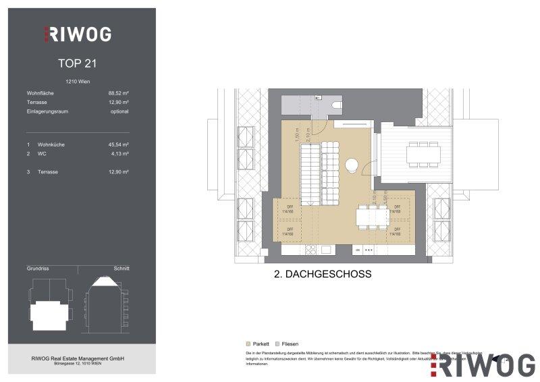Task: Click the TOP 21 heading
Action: pos(79,65)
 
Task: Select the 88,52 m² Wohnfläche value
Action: pos(118,94)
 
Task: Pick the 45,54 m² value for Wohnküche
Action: pos(118,144)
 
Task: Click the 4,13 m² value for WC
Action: pos(119,153)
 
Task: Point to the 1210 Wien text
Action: pos(79,82)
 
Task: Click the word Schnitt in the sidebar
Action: pos(122,268)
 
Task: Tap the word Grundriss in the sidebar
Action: pos(37,268)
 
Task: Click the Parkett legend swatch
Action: pos(249,344)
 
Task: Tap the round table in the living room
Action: pos(352,163)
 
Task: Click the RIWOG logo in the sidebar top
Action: pos(78,34)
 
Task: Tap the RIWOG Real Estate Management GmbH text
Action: pos(80,358)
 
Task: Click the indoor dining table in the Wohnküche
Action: pos(372,216)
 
